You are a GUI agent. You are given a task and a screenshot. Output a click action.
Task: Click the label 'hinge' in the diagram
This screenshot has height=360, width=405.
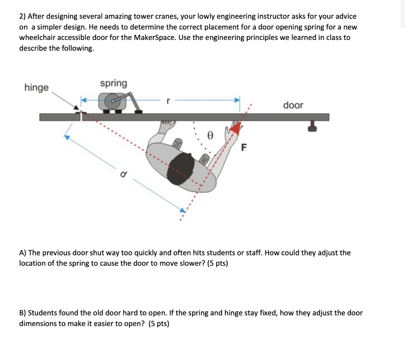pos(36,88)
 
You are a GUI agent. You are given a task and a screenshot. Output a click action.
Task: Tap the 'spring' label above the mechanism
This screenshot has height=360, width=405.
pos(114,83)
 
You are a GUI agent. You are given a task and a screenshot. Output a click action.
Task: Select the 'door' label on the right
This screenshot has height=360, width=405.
pos(293,105)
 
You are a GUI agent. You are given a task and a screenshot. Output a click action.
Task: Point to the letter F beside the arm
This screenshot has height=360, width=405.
pos(244,148)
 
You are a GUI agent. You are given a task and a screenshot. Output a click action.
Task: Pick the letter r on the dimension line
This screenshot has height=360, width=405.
pos(168,101)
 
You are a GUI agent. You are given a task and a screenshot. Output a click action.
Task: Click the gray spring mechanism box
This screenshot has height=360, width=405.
pos(112,102)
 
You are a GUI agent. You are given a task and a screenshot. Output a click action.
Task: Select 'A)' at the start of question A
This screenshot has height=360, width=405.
pos(23,253)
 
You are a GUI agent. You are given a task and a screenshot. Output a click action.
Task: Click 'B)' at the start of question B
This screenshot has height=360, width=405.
pos(23,313)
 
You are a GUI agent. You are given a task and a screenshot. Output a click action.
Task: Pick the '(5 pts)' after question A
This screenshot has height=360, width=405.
pos(218,263)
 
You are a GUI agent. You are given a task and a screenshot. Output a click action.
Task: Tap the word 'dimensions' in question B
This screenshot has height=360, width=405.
pos(38,324)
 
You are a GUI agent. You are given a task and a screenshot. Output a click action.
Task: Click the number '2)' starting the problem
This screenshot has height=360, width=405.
pos(23,17)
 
